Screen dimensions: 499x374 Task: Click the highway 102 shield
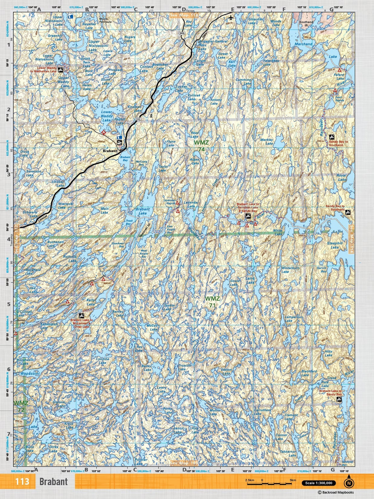pyautogui.click(x=137, y=119)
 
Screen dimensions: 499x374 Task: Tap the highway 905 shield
pyautogui.click(x=182, y=33)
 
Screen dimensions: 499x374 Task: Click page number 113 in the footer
pyautogui.click(x=22, y=482)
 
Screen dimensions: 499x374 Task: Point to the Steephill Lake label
pyautogui.click(x=335, y=245)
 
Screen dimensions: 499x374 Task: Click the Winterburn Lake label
pyautogui.click(x=290, y=270)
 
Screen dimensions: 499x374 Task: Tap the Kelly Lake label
pyautogui.click(x=91, y=302)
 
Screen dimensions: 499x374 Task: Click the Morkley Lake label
pyautogui.click(x=267, y=142)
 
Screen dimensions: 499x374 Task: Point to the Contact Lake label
pyautogui.click(x=146, y=68)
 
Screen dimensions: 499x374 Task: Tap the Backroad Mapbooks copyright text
pyautogui.click(x=336, y=493)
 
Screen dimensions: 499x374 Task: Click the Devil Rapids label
pyautogui.click(x=339, y=99)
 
